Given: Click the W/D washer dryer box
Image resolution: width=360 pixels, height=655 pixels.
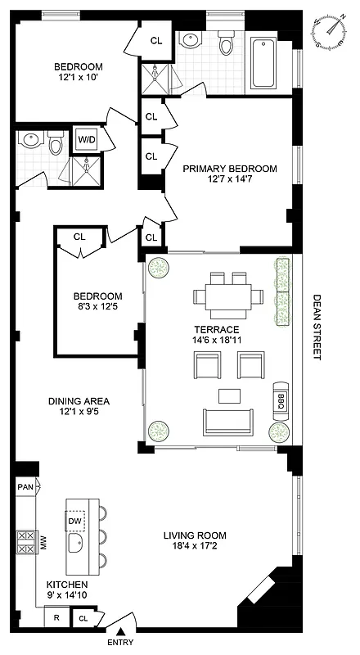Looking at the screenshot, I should click(86, 139).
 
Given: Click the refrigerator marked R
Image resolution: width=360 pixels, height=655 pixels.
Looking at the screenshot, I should click(56, 619).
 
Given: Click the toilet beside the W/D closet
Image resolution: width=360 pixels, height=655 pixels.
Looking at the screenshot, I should click(56, 145).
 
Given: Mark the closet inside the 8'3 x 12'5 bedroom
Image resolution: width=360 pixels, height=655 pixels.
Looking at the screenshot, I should click(79, 237).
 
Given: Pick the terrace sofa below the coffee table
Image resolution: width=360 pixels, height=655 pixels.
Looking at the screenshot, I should click(228, 422).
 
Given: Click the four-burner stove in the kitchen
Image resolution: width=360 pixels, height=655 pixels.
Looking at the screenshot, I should click(24, 541).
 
